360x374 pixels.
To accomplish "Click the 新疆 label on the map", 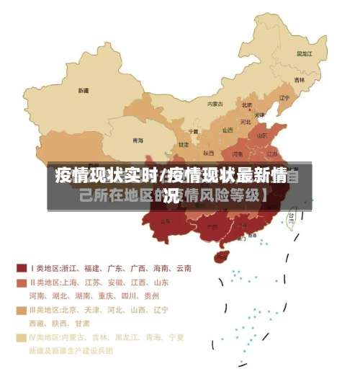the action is coord(84,91).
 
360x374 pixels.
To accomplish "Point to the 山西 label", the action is coord(228,130).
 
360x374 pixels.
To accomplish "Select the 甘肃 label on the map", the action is coord(183,144).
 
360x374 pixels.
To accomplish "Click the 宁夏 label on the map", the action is coord(193,131).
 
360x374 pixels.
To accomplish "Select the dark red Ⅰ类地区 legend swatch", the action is coord(22,268).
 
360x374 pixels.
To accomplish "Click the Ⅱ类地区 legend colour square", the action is coord(22,282).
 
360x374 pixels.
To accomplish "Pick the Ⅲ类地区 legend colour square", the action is coord(22,310).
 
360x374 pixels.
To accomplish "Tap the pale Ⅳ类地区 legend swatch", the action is coord(22,337).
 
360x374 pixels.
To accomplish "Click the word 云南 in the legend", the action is coord(182,268).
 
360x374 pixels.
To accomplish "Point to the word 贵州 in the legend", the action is coord(151,295).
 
